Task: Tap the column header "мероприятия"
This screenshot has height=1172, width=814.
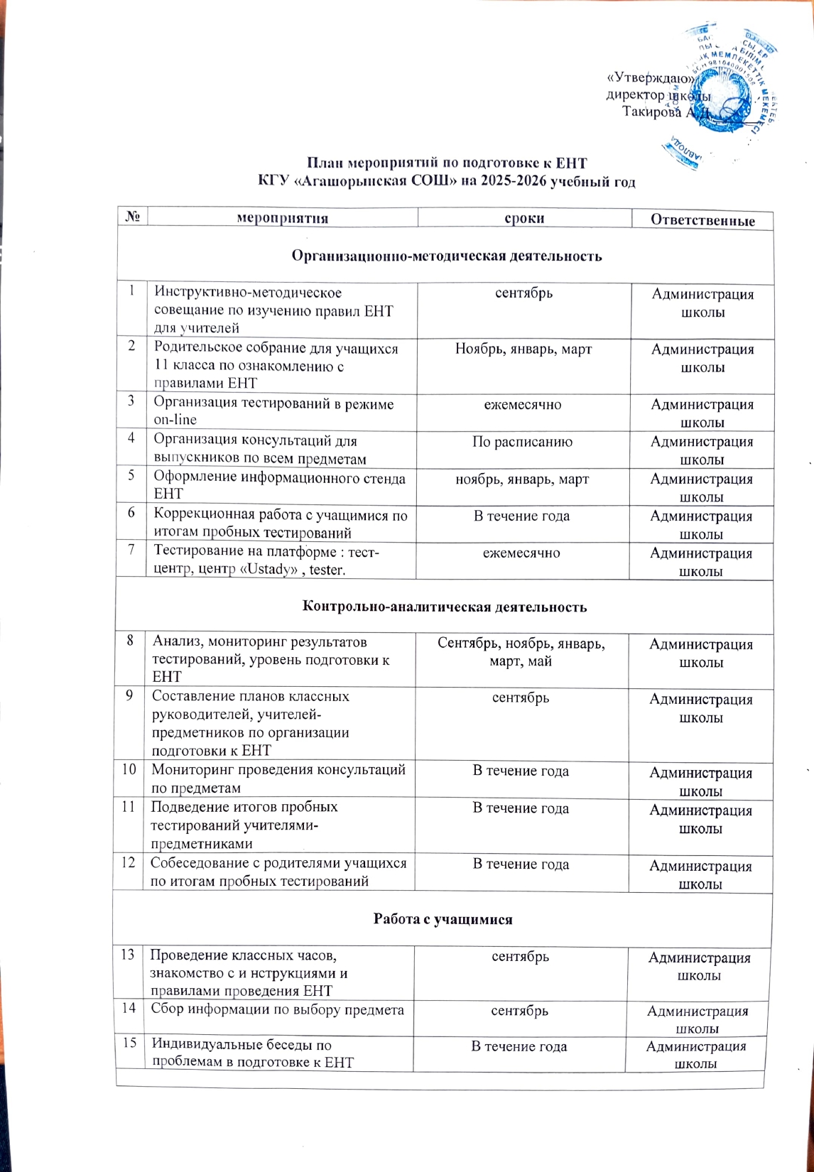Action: coord(282,218)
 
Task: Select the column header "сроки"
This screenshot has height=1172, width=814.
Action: coord(524,218)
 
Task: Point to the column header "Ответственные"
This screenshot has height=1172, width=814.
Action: coord(702,220)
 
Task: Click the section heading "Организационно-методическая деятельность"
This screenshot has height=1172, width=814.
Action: coord(446,256)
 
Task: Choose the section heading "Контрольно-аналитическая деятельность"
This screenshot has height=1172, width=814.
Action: coord(445,607)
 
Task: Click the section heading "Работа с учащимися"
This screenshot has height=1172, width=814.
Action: coord(443,919)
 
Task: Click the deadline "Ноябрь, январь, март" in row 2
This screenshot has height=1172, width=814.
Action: coord(523,349)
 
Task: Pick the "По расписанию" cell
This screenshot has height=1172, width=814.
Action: coord(523,442)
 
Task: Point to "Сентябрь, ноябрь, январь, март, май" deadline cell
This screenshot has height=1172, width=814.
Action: coord(521,652)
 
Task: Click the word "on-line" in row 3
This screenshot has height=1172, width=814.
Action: coord(175,420)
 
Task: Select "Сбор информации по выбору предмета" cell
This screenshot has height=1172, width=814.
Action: coord(277,1009)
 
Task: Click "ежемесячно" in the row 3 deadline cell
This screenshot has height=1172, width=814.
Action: coord(523,405)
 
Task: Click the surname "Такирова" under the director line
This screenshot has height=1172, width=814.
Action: coord(651,112)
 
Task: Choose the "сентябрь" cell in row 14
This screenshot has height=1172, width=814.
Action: coord(519,1010)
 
